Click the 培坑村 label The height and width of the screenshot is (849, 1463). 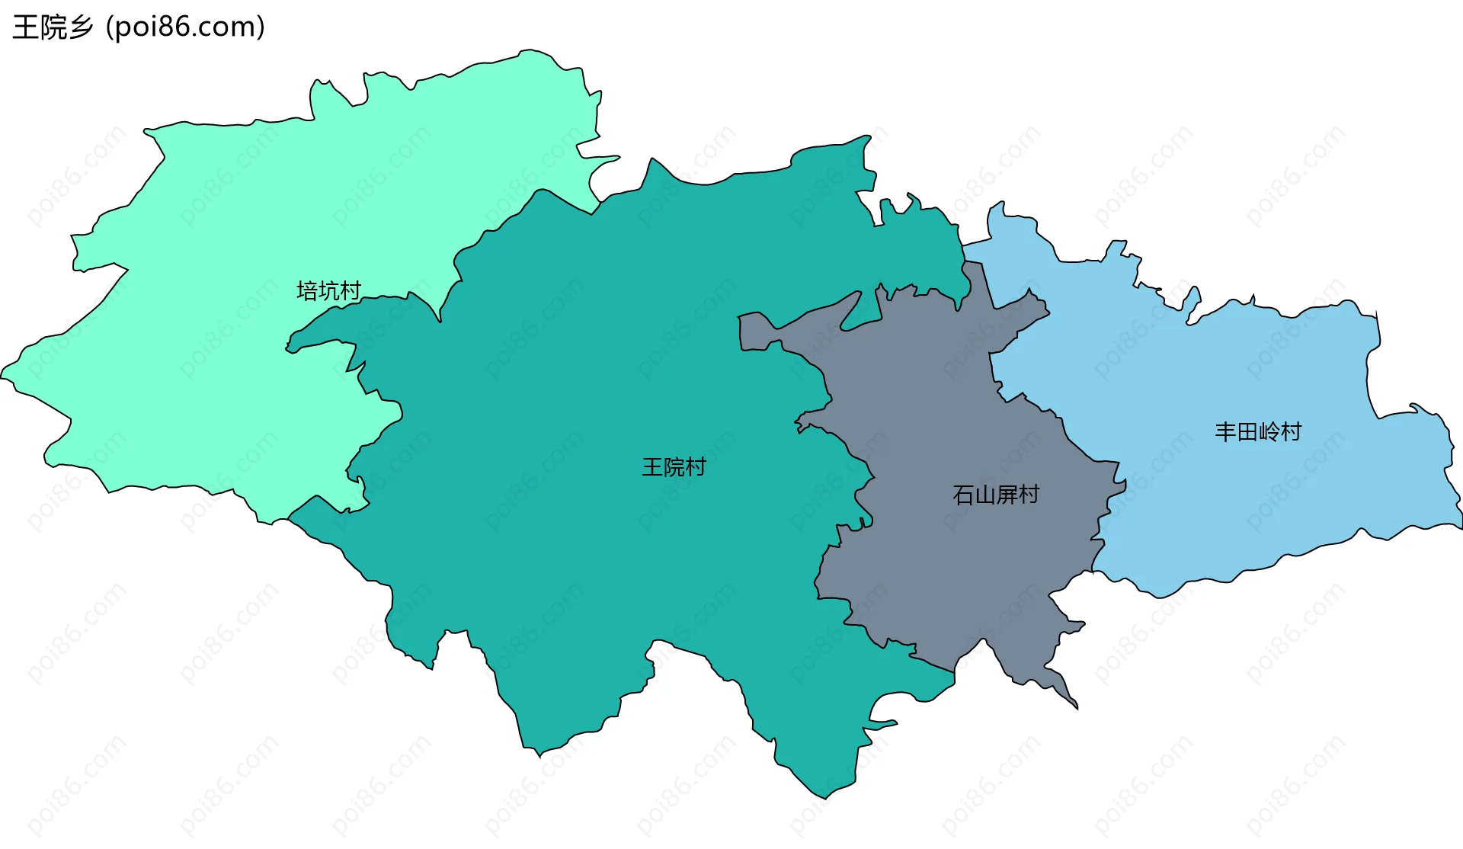coord(328,291)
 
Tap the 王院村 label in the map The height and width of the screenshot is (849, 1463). coord(674,467)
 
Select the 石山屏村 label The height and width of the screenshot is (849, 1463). coord(995,495)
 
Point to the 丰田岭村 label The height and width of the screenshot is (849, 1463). coord(1257,432)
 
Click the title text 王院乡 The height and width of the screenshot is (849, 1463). coord(53,27)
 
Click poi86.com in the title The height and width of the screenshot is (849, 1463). coord(185,27)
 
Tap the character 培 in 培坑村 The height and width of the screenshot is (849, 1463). coord(307,291)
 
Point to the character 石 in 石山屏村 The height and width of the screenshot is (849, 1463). coord(963,495)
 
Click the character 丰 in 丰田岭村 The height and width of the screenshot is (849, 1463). coord(1225,432)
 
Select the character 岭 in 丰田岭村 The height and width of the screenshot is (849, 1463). coord(1269,432)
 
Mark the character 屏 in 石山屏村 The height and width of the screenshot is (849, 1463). coord(1006,495)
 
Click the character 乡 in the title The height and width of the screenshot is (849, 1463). coord(80,27)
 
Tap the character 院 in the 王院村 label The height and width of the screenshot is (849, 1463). coord(674,467)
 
